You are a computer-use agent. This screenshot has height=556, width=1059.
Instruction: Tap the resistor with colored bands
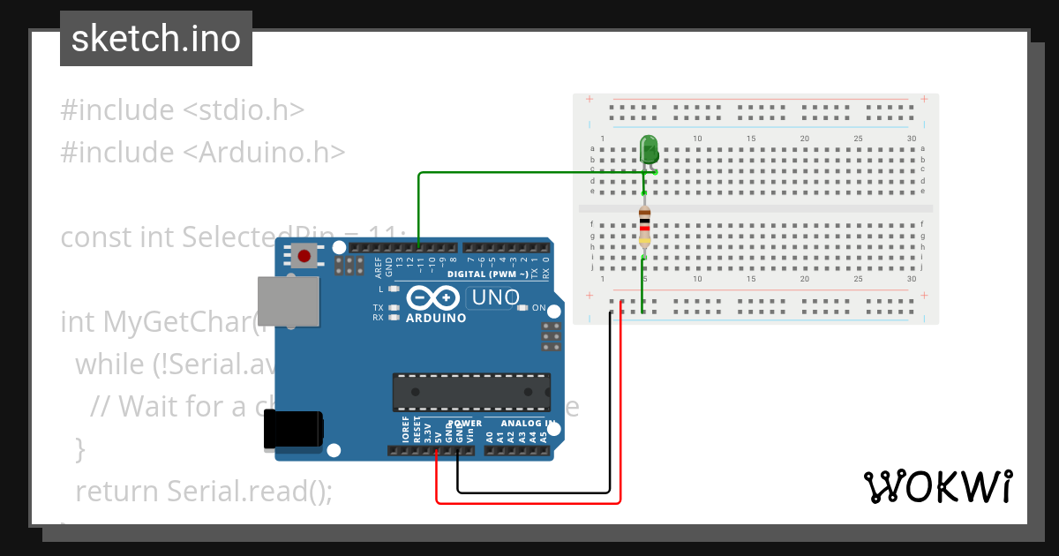644,227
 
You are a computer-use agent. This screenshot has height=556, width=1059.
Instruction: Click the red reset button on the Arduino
304,257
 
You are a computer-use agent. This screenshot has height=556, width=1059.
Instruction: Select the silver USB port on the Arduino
288,300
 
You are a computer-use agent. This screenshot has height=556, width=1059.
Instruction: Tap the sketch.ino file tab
156,39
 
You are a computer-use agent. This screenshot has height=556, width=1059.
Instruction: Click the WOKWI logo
937,487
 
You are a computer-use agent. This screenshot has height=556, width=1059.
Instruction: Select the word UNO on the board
495,298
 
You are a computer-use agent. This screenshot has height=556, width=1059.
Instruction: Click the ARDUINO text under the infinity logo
436,319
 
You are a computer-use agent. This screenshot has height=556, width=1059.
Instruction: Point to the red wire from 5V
529,503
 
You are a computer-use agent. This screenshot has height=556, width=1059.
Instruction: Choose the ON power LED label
538,307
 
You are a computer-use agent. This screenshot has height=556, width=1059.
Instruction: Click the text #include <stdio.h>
183,110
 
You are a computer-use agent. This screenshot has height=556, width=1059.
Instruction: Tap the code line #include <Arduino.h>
203,153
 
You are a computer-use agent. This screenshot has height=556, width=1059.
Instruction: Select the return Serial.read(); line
204,491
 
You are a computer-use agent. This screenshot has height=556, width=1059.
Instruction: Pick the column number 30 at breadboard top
912,139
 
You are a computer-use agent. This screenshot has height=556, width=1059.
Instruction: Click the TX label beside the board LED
378,307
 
